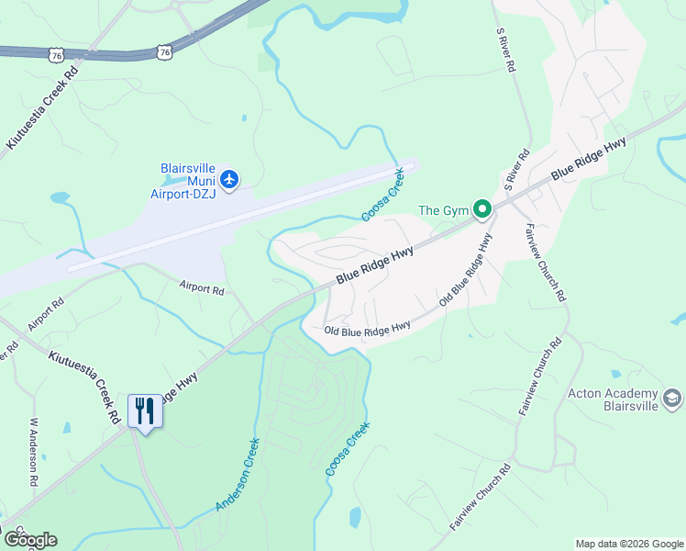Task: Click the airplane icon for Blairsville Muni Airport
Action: pos(229,178)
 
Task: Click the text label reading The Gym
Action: pos(443,210)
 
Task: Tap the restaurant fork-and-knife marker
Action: pos(144,410)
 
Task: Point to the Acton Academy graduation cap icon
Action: pos(672,398)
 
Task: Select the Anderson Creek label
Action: pos(238,475)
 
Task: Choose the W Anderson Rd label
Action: pos(34,452)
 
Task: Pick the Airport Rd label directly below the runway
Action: pos(202,288)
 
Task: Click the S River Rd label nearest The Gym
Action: pos(516,169)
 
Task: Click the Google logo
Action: pos(30,539)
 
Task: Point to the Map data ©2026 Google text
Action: pos(629,544)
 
